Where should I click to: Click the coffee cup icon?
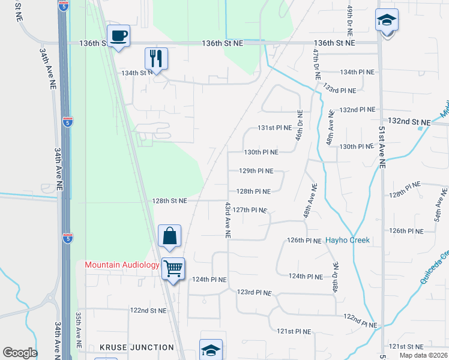tap(118, 35)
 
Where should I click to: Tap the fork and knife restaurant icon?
tap(155, 58)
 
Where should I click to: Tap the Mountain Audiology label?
tap(122, 265)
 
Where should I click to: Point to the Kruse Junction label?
tap(137, 347)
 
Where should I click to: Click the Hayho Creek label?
tap(348, 240)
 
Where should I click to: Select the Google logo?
tap(20, 353)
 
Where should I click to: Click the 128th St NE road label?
tap(170, 201)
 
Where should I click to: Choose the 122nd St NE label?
tap(148, 311)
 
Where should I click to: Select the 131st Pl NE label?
tap(274, 128)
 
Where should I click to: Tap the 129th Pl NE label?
tap(256, 171)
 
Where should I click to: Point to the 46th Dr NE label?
tap(298, 125)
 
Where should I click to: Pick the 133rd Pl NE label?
tap(339, 88)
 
